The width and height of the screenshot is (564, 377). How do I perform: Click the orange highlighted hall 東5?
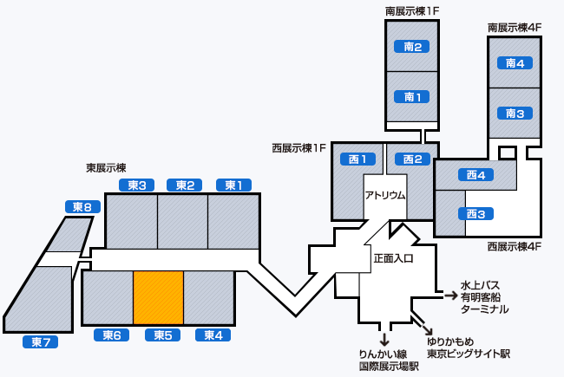tap(158, 297)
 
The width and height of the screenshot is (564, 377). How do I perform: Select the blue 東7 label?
tap(40, 342)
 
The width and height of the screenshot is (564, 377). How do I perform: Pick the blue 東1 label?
tap(233, 185)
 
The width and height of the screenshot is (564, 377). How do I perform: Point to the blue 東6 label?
tap(111, 335)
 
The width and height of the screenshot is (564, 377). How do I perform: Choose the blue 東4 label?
tap(213, 335)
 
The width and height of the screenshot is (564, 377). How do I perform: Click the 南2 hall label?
tap(413, 46)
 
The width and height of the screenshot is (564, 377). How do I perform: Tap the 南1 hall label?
tap(413, 96)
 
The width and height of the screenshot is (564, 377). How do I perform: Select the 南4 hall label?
tap(515, 62)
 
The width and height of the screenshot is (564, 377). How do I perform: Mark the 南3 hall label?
tap(515, 113)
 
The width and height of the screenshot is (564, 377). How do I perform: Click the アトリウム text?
tap(385, 195)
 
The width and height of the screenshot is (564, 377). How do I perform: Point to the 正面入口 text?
tap(393, 258)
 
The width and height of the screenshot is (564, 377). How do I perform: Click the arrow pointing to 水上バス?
tap(450, 296)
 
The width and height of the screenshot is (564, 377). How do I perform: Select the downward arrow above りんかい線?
tap(384, 338)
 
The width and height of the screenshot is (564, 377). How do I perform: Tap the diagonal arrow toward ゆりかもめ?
tap(428, 328)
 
